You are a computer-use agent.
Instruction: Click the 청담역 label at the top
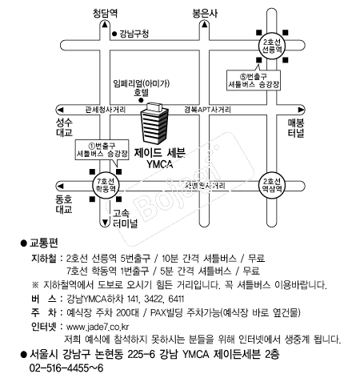tap(105, 13)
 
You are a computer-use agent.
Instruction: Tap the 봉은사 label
tap(205, 14)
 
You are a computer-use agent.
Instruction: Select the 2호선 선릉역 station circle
tap(272, 46)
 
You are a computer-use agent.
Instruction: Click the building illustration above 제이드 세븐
tap(154, 123)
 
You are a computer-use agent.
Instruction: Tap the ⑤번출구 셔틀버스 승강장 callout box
tap(254, 80)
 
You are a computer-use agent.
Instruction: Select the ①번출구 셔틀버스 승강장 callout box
tap(102, 150)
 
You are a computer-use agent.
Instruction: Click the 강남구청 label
tap(130, 34)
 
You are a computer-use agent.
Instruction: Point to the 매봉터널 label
tap(296, 128)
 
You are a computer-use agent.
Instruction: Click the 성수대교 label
tap(64, 127)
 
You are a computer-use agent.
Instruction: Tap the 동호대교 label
tap(64, 204)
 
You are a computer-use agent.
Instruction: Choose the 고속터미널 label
tap(125, 218)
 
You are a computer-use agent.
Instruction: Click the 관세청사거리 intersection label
tap(106, 110)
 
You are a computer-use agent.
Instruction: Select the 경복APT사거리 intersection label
tap(208, 110)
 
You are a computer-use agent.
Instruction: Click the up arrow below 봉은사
tap(205, 25)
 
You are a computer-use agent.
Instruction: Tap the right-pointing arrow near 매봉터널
tap(301, 110)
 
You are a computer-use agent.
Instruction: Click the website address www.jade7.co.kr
tap(98, 327)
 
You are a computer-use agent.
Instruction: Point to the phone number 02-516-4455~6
tap(66, 368)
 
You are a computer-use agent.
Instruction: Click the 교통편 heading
tap(44, 243)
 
